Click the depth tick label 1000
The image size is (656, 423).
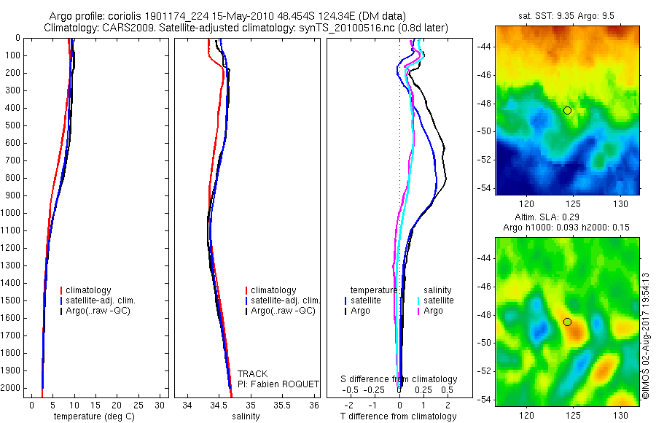(x=11, y=213)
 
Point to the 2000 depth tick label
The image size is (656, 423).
(x=11, y=389)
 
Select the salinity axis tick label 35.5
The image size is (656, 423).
(x=282, y=405)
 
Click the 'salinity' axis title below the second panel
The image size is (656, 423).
(x=246, y=416)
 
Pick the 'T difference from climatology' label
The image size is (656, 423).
(x=399, y=416)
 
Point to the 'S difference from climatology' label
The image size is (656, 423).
(x=399, y=379)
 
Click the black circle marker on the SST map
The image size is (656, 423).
(x=567, y=110)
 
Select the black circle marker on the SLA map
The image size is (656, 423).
(x=567, y=322)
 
